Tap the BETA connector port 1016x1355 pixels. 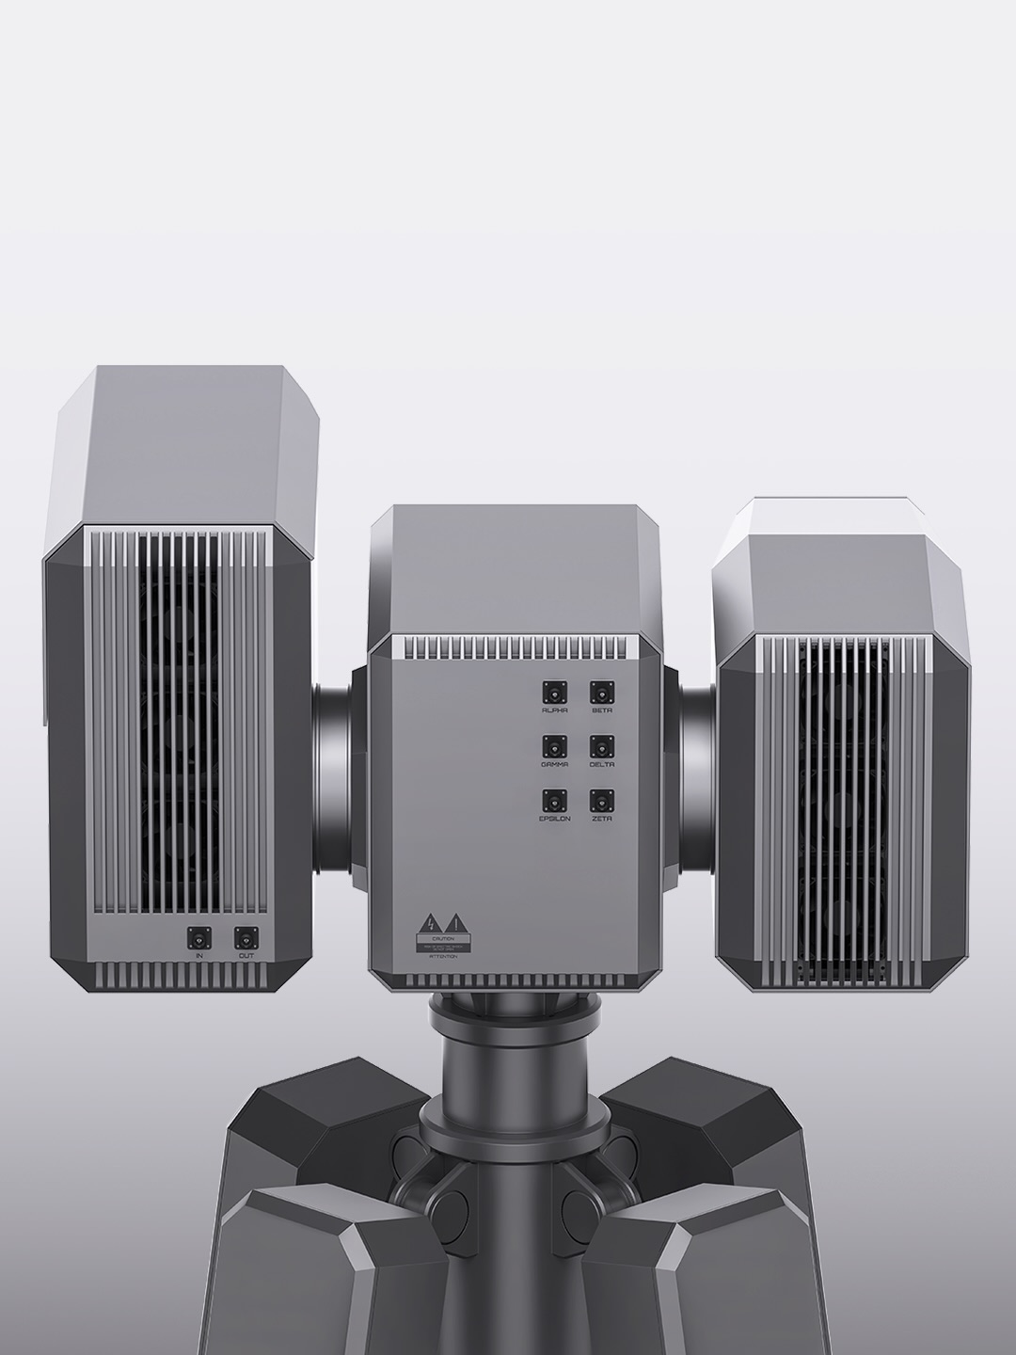click(602, 693)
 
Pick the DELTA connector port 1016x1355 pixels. click(602, 746)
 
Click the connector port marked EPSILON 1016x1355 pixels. click(555, 801)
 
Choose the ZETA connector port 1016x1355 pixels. click(602, 801)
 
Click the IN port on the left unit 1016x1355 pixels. click(199, 938)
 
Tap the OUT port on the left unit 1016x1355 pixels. click(246, 938)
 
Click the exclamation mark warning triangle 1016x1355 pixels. click(454, 922)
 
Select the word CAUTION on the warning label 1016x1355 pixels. click(443, 938)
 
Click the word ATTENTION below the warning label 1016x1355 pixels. click(443, 957)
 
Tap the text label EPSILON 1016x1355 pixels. click(555, 820)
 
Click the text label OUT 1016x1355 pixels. click(246, 956)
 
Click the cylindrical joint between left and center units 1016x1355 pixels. click(333, 772)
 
